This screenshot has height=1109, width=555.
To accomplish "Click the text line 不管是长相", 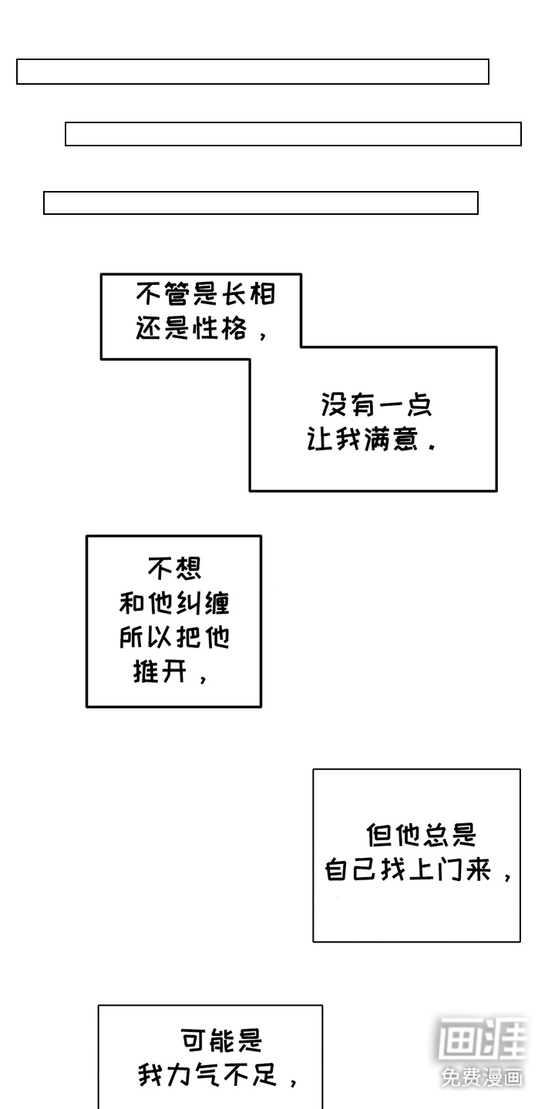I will point(206,294).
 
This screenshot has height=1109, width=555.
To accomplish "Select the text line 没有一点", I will point(376,405).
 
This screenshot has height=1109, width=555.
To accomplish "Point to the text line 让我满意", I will point(363,441).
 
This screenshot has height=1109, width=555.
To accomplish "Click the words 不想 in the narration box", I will point(174,568).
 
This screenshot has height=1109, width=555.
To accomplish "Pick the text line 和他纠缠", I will point(174,603).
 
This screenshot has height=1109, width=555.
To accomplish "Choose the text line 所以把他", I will point(174,638).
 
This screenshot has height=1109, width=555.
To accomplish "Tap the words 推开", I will point(160,672).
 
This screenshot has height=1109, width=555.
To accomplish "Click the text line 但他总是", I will point(421,836).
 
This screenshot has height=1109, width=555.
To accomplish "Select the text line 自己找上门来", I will point(408,871).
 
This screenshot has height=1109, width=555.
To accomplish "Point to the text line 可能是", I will point(221,1041).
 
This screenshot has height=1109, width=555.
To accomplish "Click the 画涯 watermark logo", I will point(483,1040).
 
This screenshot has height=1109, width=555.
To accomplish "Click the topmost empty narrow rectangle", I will point(253,72).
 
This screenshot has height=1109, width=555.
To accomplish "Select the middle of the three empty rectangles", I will point(293,134).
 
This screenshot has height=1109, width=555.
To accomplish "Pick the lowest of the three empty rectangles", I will point(261,203).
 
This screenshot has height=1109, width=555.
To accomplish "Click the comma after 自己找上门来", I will point(506,876).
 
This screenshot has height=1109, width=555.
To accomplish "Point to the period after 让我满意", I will point(431,446).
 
